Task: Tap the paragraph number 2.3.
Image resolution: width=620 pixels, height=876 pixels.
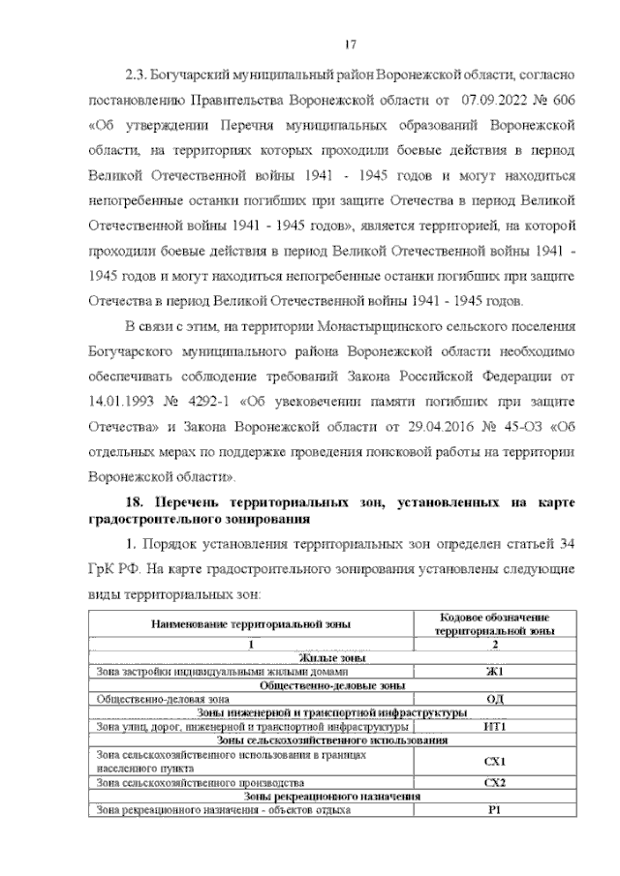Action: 139,73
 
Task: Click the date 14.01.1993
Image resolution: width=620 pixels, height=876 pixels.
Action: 122,400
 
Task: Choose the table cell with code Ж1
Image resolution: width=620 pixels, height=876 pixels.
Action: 494,671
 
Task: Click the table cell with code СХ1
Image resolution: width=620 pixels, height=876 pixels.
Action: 494,761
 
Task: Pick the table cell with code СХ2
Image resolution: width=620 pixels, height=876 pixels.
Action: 494,782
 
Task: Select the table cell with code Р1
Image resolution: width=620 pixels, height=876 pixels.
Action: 494,810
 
